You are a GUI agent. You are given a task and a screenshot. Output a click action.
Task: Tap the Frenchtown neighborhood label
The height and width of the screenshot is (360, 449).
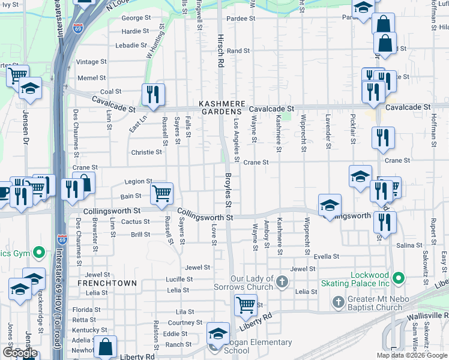[x=107, y=283]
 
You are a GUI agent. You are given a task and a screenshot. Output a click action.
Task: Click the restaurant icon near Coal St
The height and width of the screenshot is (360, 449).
[x=153, y=94]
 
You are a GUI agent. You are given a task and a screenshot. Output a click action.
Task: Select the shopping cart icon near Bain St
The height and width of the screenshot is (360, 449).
[x=161, y=193]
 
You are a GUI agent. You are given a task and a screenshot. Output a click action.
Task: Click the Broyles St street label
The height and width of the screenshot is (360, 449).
[x=228, y=192]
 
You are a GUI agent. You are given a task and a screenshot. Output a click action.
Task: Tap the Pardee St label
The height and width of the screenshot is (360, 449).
[x=241, y=19]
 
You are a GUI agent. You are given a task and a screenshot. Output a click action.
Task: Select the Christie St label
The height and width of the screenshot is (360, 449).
[x=146, y=152]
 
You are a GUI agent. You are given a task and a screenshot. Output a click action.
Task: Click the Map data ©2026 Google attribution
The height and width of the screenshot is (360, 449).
[x=412, y=355]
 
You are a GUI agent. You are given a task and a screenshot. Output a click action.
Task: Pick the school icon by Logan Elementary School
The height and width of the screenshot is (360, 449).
[x=218, y=334]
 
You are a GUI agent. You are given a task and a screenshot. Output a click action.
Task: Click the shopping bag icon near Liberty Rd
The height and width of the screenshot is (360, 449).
[x=106, y=346]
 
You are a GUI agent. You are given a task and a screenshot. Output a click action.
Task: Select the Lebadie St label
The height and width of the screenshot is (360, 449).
[x=131, y=45]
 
